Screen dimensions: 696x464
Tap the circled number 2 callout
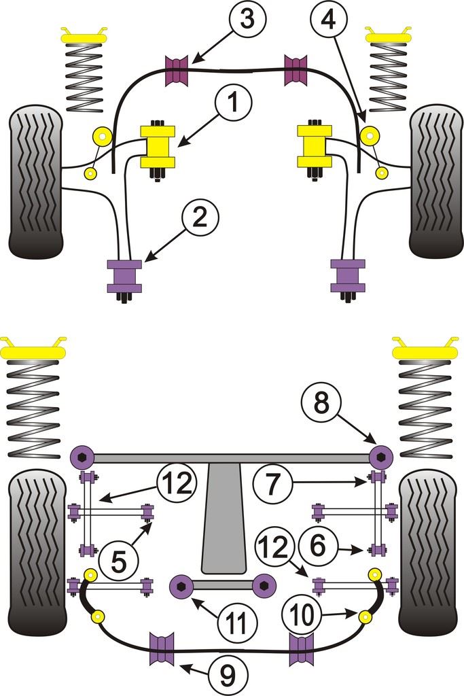tap(200, 220)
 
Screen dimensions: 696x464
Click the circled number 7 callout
tap(271, 483)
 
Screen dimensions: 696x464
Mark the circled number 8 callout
tap(321, 406)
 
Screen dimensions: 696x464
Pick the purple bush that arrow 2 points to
tap(124, 275)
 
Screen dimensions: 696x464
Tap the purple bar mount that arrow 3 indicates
tap(176, 68)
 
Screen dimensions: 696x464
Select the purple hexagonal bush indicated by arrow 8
tap(382, 453)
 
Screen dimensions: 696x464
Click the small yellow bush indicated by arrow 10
tap(365, 617)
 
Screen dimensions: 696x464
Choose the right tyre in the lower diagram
tap(427, 551)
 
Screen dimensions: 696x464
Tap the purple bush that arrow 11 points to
tap(181, 584)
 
